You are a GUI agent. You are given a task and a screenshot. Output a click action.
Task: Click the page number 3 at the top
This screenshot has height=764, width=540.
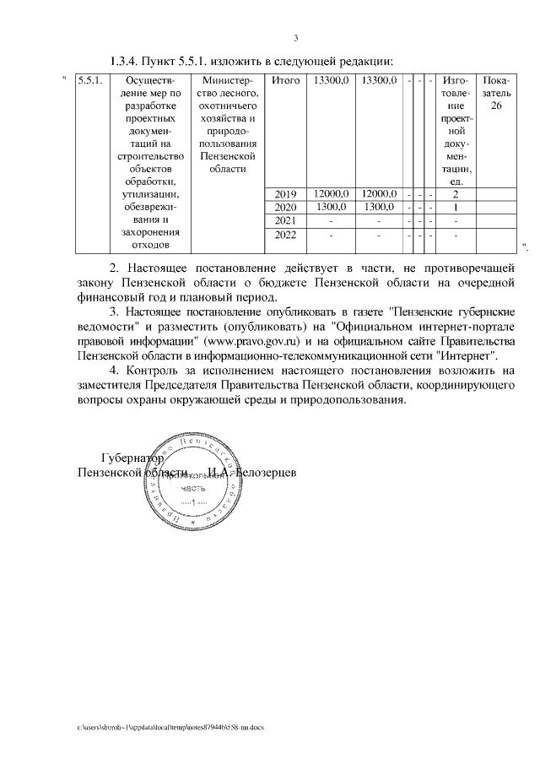click(295, 37)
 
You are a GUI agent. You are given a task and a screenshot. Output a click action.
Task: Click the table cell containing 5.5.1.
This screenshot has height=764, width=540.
click(89, 81)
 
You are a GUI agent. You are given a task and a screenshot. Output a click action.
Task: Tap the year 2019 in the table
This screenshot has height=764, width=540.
click(287, 194)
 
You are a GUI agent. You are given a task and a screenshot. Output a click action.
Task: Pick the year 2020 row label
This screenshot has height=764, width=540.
click(287, 208)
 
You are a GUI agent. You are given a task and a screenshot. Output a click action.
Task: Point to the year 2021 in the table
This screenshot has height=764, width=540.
click(287, 220)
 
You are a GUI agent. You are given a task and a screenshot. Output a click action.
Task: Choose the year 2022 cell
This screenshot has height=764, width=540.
click(287, 236)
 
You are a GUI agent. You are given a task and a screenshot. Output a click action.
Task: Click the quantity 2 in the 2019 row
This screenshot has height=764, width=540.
click(456, 194)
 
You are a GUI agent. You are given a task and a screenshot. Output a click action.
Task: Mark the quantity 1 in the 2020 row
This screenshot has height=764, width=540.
click(456, 208)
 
